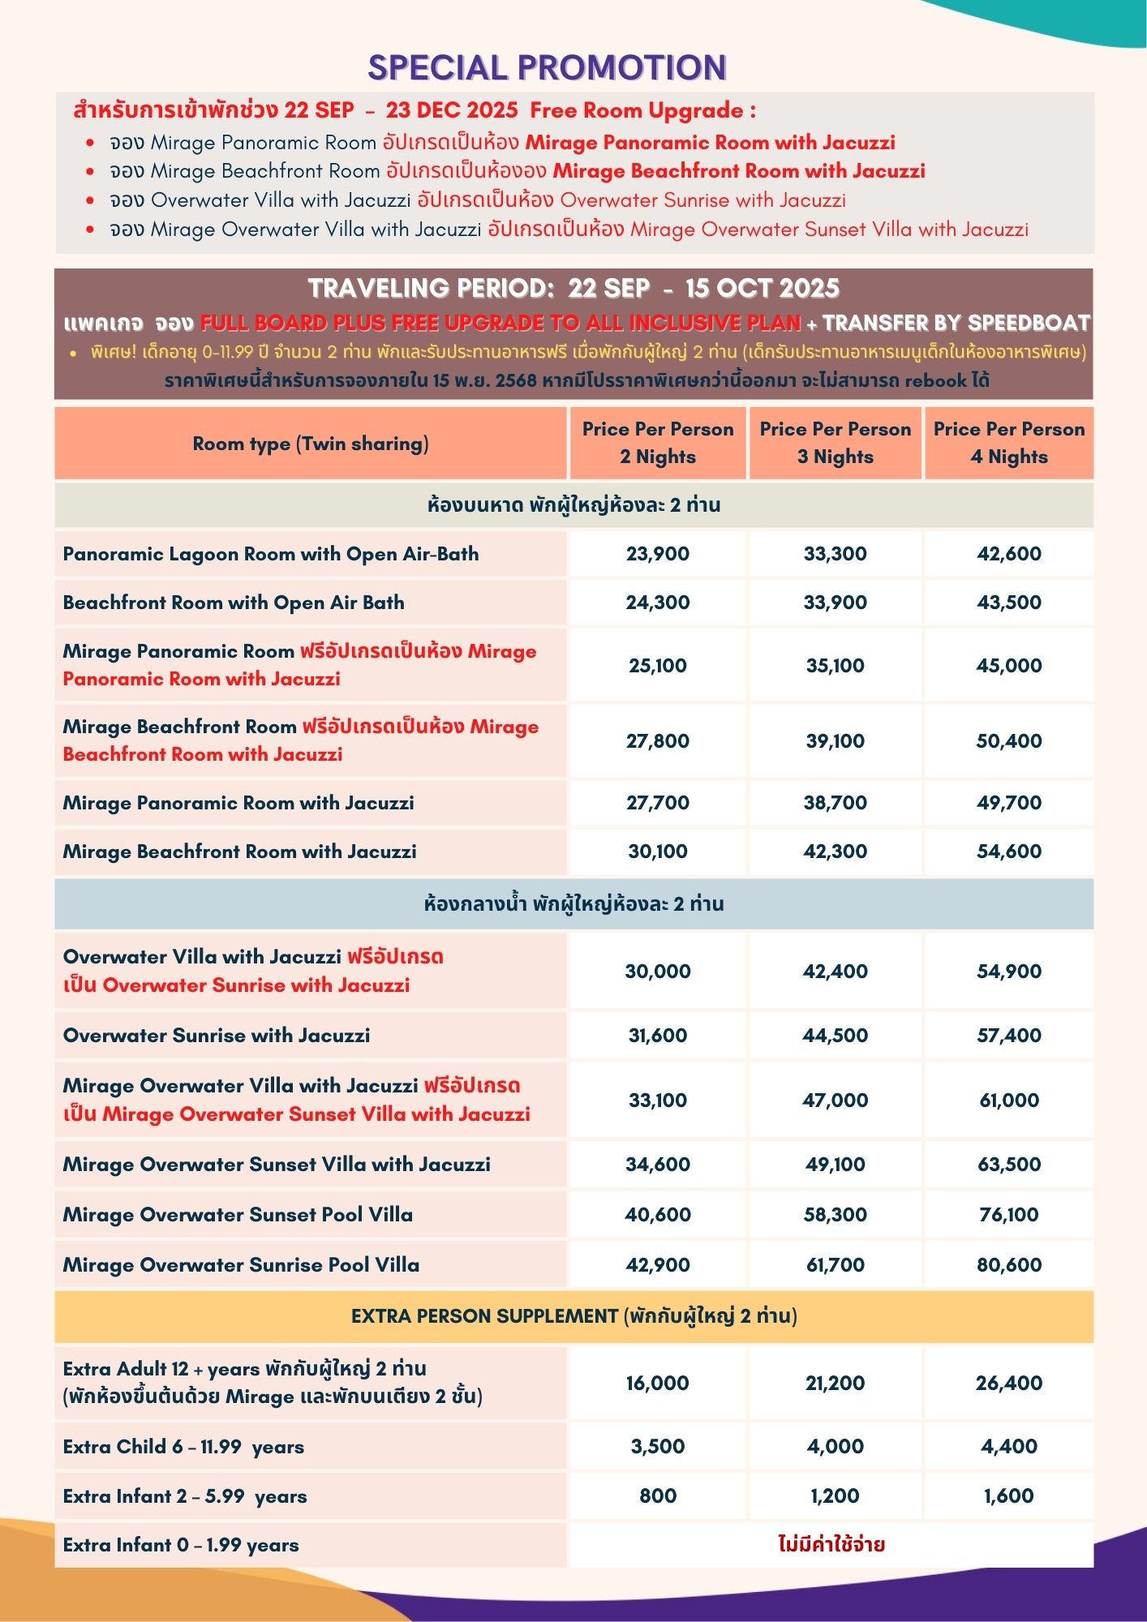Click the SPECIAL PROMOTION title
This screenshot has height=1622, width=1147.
[548, 68]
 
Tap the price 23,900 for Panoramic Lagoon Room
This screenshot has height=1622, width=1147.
[657, 554]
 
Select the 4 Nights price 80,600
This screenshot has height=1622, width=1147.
[1008, 1264]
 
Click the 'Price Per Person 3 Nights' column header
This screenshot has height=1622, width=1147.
[835, 443]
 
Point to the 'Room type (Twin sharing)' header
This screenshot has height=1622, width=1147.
[311, 444]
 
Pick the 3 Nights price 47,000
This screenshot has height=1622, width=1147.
[835, 1100]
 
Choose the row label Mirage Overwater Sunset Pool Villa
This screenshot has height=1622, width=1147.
[238, 1214]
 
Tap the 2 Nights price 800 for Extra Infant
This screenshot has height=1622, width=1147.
[657, 1495]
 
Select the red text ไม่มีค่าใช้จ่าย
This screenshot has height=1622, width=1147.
[831, 1544]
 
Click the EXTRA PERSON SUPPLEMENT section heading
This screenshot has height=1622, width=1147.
[573, 1315]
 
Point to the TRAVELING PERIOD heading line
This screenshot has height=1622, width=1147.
[573, 289]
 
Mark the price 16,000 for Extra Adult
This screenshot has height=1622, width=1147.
[657, 1383]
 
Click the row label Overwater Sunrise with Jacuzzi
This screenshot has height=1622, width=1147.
[217, 1035]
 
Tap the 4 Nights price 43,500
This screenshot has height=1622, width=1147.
[1008, 603]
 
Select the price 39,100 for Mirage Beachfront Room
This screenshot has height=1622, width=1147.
[835, 740]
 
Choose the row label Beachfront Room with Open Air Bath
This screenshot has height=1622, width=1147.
[234, 603]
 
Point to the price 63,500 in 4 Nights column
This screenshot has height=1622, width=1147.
[1008, 1164]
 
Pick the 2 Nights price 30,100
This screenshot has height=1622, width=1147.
[657, 852]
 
